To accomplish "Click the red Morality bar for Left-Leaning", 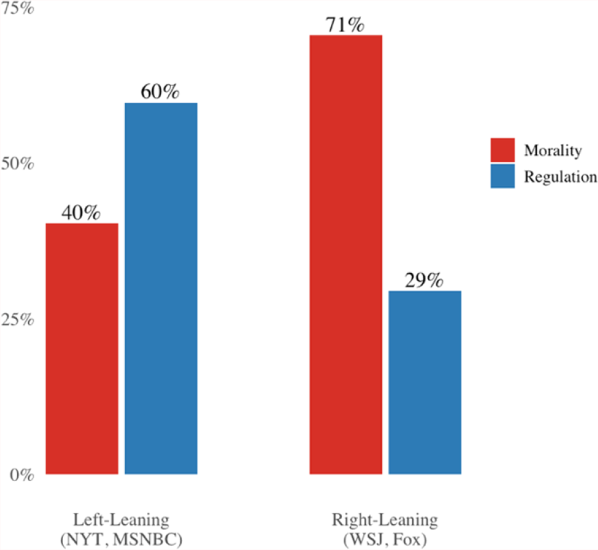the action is pyautogui.click(x=82, y=348).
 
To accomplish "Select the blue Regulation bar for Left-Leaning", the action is pyautogui.click(x=161, y=288).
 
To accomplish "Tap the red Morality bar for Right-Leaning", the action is pyautogui.click(x=346, y=255).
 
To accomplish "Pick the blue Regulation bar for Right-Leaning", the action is pyautogui.click(x=425, y=383).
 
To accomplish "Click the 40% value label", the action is pyautogui.click(x=81, y=212).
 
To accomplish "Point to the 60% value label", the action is pyautogui.click(x=160, y=91).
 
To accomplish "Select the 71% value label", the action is pyautogui.click(x=345, y=25).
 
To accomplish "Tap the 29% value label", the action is pyautogui.click(x=424, y=280).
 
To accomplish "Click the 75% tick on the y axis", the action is pyautogui.click(x=17, y=8).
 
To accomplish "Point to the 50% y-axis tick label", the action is pyautogui.click(x=17, y=164).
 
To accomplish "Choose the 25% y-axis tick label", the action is pyautogui.click(x=17, y=320).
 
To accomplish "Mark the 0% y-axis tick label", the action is pyautogui.click(x=22, y=475).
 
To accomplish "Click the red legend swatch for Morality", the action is pyautogui.click(x=503, y=150).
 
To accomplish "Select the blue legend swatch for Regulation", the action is pyautogui.click(x=503, y=176).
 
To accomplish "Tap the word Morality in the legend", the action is pyautogui.click(x=553, y=150).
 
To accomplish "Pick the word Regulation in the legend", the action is pyautogui.click(x=561, y=177).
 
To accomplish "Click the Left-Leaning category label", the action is pyautogui.click(x=122, y=521).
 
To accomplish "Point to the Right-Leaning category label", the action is pyautogui.click(x=385, y=521).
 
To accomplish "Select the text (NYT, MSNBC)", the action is pyautogui.click(x=122, y=540).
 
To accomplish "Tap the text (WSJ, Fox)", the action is pyautogui.click(x=385, y=540).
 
